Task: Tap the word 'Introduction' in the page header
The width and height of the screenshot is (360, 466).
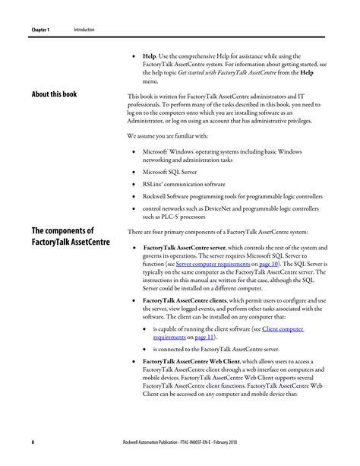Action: [84, 30]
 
